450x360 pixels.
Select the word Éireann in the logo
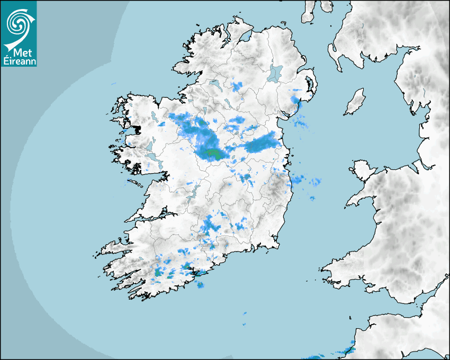click(x=19, y=61)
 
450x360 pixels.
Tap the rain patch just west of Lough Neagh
click(x=237, y=85)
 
